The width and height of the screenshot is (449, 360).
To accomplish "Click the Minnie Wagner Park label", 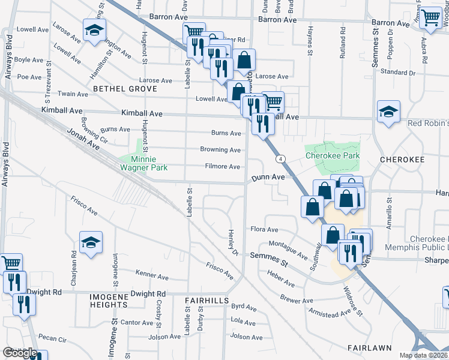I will [139, 164].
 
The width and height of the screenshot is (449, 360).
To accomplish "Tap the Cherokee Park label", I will [332, 155].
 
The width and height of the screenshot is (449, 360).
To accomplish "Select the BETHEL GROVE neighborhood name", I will [124, 89].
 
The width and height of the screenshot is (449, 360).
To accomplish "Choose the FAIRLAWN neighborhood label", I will [370, 347].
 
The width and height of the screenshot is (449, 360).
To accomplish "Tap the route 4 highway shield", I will [280, 159].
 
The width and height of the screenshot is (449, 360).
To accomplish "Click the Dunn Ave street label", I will [268, 178].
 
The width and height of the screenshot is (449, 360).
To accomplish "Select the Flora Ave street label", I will [264, 229].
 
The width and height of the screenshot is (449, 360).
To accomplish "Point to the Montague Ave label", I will [288, 247].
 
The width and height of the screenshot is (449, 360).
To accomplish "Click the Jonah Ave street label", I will [83, 139].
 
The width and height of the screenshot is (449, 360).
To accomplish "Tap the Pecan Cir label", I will [52, 338].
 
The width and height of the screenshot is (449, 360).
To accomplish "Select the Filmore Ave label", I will [223, 167].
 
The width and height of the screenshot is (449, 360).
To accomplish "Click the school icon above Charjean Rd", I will [91, 242].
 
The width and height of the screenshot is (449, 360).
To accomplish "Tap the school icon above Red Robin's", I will [388, 111].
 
